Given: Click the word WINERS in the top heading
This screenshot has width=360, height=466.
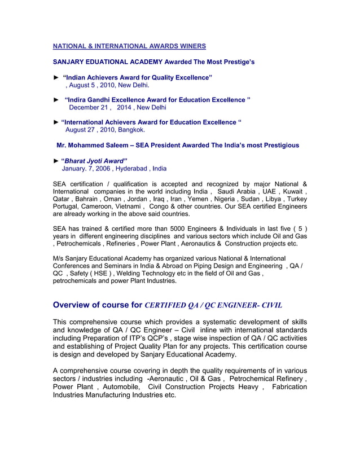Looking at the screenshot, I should click(x=189, y=46).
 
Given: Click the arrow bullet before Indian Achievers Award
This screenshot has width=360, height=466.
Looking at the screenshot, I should click(x=56, y=77).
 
